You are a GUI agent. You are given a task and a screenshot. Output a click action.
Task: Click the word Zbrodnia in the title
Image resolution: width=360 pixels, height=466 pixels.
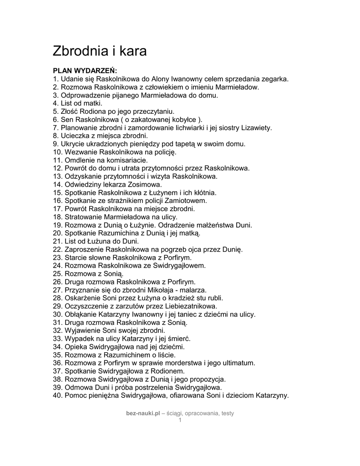click(80, 51)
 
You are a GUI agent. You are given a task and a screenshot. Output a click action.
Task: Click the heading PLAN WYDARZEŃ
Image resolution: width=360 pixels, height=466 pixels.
click(85, 71)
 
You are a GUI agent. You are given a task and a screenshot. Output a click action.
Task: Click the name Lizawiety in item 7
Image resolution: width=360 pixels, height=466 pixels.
click(256, 128)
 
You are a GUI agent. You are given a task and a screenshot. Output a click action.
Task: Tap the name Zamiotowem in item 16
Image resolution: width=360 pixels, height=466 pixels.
click(188, 201)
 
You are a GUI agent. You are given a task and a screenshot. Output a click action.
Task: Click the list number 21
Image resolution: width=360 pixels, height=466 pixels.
click(57, 241)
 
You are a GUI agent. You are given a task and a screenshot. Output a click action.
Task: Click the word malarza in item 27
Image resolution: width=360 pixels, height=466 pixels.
click(193, 290)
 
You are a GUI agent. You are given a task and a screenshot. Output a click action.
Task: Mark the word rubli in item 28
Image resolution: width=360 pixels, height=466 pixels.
click(214, 298)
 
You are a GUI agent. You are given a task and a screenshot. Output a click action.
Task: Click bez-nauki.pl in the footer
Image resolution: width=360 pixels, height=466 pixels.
click(143, 413)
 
